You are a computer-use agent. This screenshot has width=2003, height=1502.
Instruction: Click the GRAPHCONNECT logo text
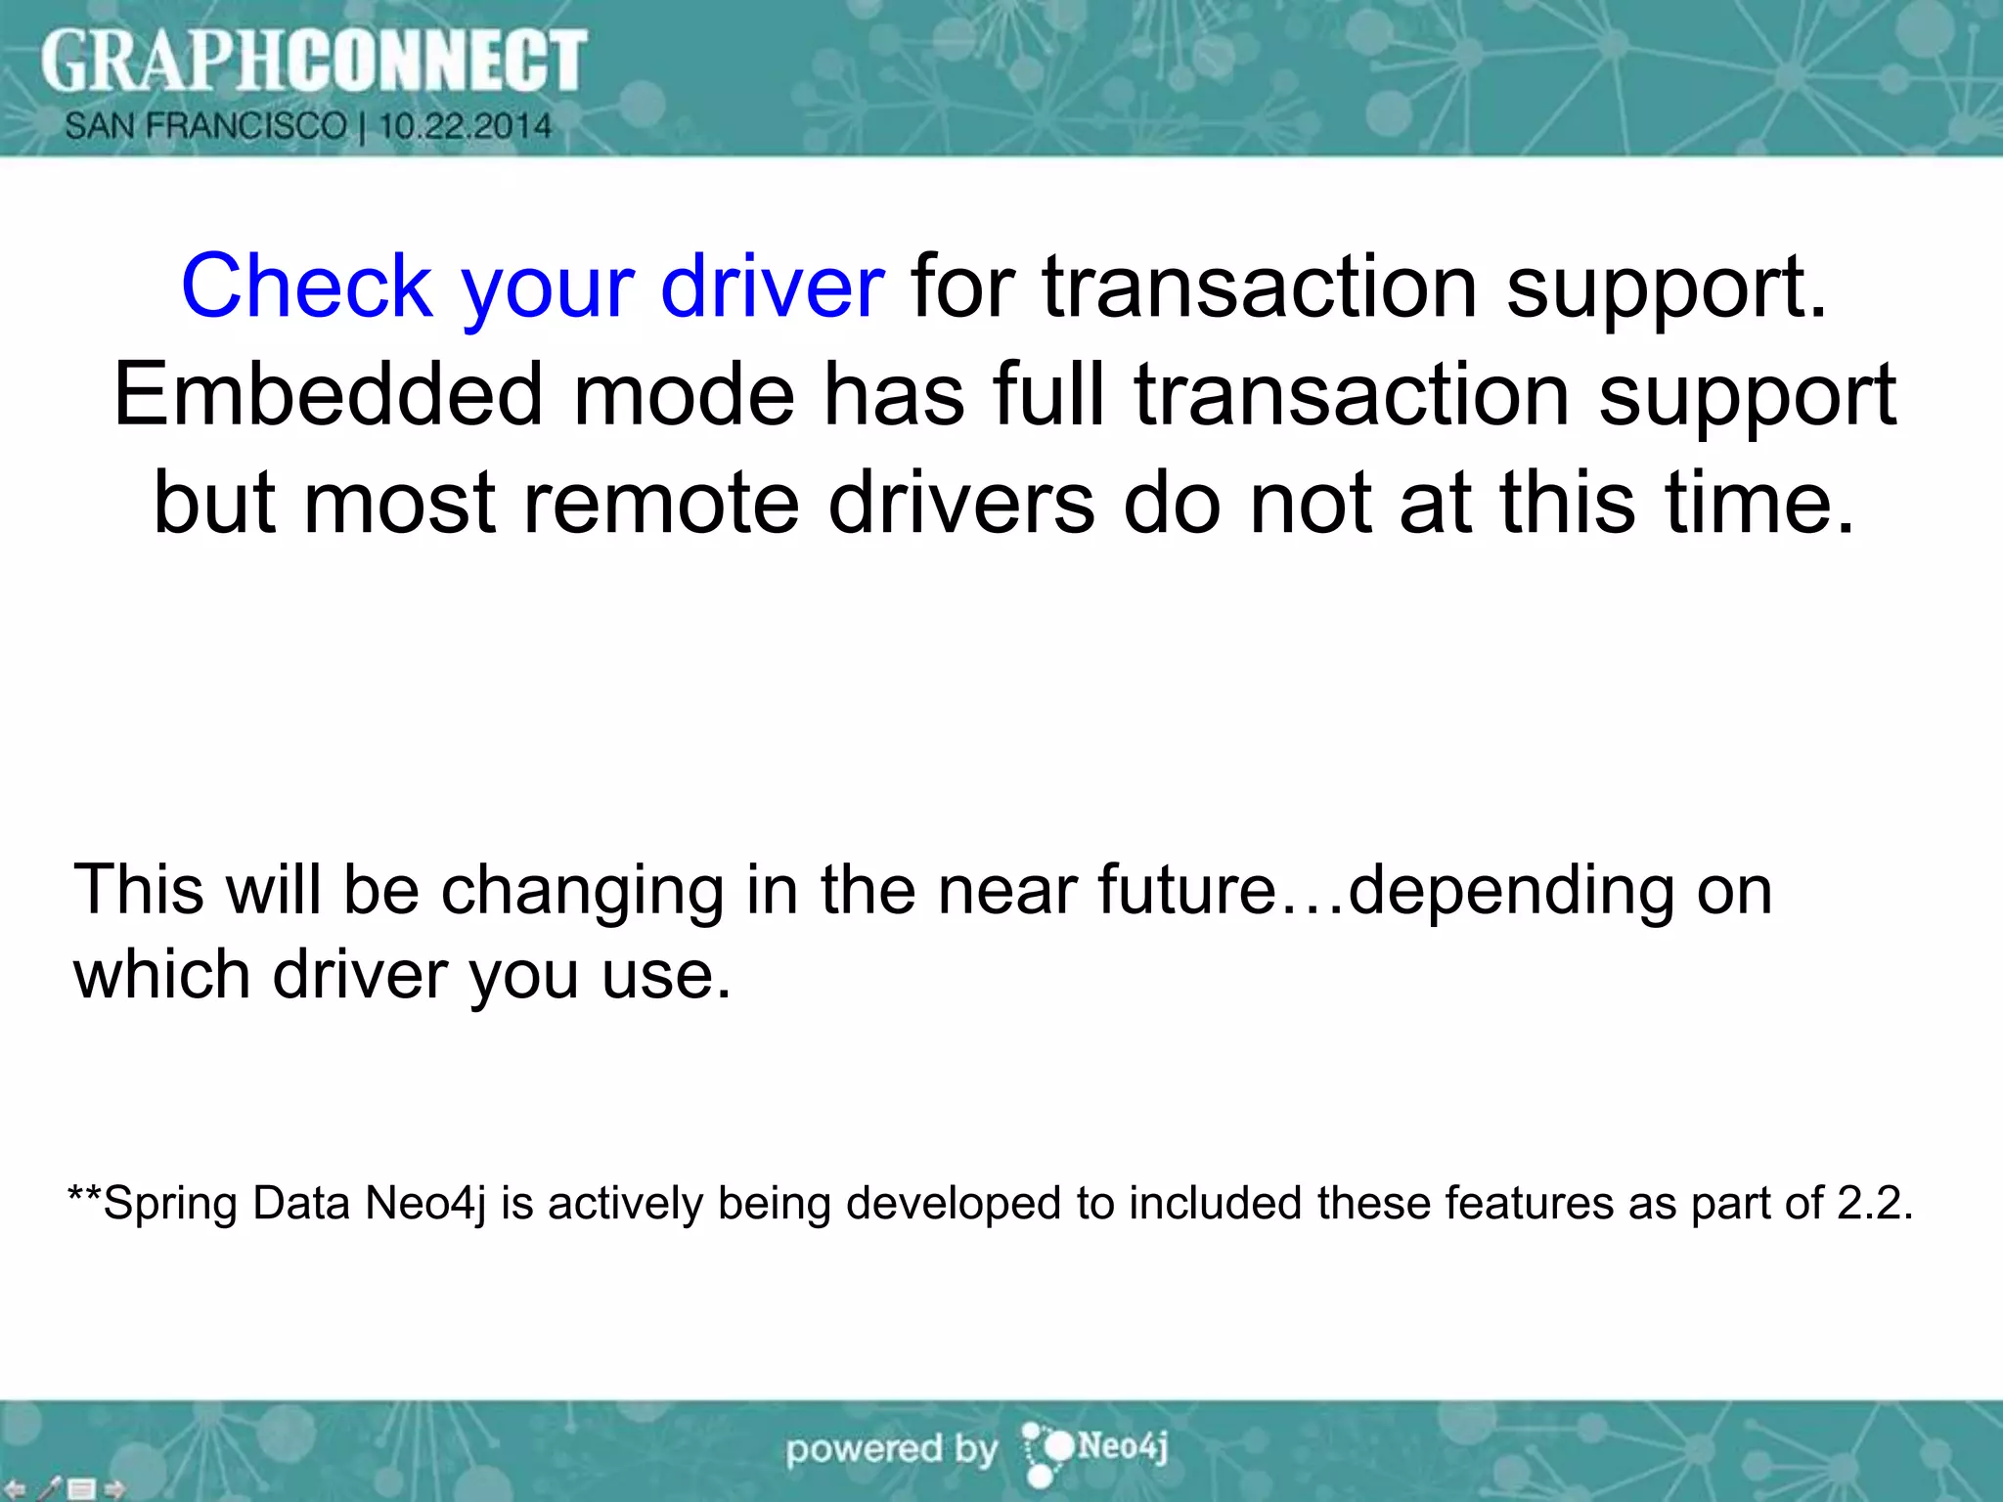coord(313,61)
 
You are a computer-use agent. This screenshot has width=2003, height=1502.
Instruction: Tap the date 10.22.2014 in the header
coord(466,126)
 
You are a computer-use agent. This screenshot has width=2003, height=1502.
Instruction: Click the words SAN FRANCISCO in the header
coord(205,126)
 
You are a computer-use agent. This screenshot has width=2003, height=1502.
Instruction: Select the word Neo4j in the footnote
coord(424,1204)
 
